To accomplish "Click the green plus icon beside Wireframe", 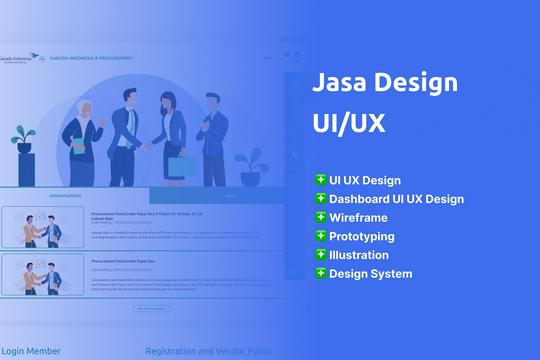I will (321, 217).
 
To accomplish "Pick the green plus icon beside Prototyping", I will (321, 236).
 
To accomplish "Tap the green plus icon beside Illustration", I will (321, 254).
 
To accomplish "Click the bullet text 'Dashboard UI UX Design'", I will (397, 199).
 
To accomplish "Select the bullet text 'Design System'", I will (370, 273).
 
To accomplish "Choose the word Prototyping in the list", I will (362, 236).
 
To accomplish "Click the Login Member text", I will (31, 351).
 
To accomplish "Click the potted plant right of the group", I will (249, 168).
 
